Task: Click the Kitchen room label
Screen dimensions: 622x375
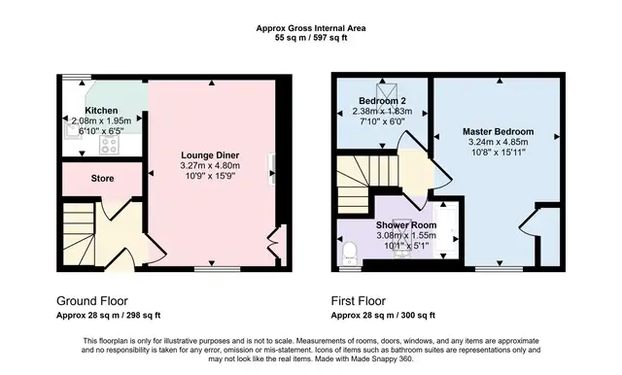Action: click(x=101, y=111)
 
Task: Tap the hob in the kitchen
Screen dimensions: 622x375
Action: click(x=109, y=145)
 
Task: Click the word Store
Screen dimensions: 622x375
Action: click(x=102, y=179)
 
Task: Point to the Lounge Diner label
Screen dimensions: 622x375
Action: click(x=210, y=155)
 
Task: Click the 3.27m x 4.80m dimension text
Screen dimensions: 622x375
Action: click(x=210, y=166)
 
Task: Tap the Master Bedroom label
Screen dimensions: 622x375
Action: click(x=499, y=131)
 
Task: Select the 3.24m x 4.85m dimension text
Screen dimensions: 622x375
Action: click(x=499, y=142)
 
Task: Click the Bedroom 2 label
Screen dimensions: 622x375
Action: click(x=382, y=101)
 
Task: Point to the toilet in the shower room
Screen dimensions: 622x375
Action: click(x=350, y=254)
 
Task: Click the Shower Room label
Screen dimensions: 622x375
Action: click(x=406, y=225)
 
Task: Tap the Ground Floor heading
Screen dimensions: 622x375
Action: click(x=92, y=301)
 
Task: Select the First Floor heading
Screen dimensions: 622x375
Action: click(x=359, y=301)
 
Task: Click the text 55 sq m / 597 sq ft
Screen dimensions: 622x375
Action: click(x=311, y=38)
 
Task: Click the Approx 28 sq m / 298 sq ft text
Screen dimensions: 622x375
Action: click(x=108, y=316)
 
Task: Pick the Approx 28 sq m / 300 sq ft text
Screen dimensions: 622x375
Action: click(x=383, y=316)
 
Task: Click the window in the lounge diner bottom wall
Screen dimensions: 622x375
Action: click(x=218, y=269)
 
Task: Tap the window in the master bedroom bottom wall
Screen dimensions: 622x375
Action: click(x=499, y=269)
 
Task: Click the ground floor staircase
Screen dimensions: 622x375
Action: click(x=79, y=234)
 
